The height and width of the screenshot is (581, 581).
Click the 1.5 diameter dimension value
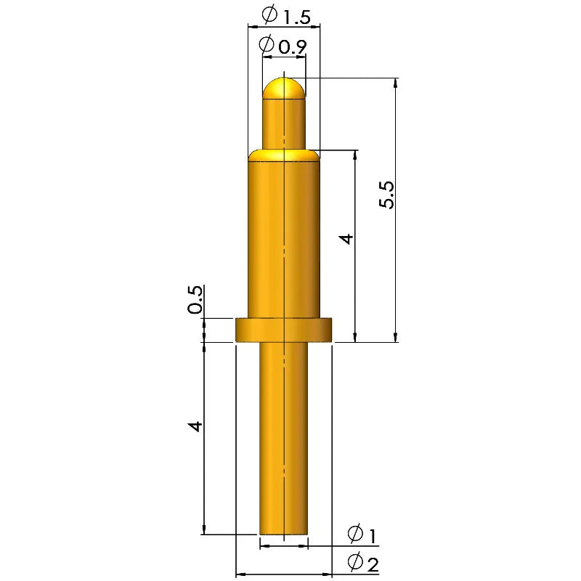[x=296, y=17]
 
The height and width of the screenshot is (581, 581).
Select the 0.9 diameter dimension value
[x=293, y=47]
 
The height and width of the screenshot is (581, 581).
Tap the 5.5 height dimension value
[x=388, y=195]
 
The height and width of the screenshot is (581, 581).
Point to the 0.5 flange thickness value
[x=195, y=300]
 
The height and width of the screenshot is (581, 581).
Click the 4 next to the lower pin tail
[x=195, y=426]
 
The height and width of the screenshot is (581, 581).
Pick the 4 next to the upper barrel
[x=347, y=239]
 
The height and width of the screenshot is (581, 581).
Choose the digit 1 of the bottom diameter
[x=373, y=535]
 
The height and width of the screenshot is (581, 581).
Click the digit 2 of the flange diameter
[x=373, y=565]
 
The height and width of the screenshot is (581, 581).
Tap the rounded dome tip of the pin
[x=284, y=89]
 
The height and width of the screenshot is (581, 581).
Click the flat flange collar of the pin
[x=284, y=330]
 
